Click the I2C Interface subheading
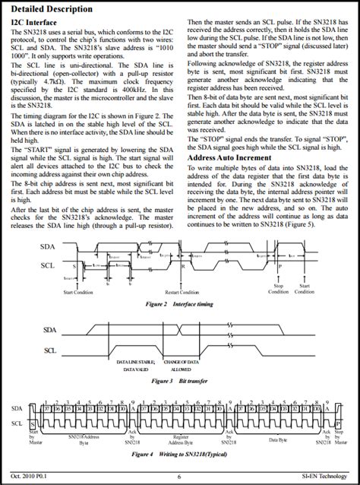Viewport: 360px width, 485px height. pyautogui.click(x=38, y=24)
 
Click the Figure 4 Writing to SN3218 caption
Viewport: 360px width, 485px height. pyautogui.click(x=179, y=454)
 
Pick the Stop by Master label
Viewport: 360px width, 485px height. pyautogui.click(x=338, y=439)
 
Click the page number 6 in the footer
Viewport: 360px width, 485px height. pyautogui.click(x=180, y=476)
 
